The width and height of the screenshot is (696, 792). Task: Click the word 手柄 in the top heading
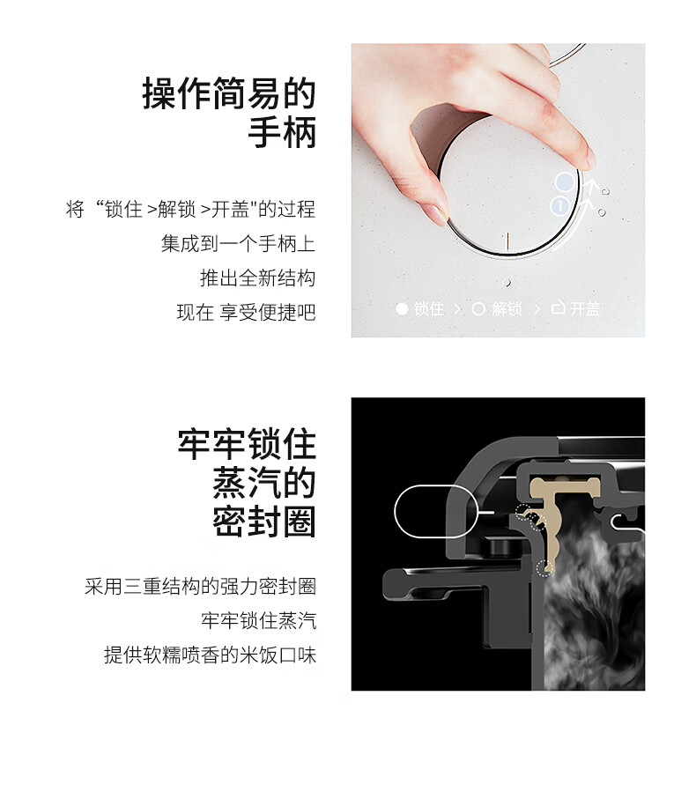[x=282, y=132]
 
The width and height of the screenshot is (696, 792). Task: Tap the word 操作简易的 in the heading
[x=229, y=93]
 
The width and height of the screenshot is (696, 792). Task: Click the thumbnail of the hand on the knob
[x=498, y=190]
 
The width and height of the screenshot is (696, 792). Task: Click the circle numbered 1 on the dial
[x=559, y=205]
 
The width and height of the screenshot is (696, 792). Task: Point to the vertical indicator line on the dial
[x=507, y=241]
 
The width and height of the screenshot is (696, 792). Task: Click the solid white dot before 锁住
[x=402, y=308]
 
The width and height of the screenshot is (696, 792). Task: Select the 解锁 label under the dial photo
[x=507, y=308]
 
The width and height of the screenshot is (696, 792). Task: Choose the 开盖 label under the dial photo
[x=585, y=308]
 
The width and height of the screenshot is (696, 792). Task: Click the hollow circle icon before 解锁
[x=478, y=308]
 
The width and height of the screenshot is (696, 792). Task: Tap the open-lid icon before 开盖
[x=558, y=307]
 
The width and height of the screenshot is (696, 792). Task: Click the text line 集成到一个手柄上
[x=239, y=243]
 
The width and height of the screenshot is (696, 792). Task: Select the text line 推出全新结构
[x=257, y=278]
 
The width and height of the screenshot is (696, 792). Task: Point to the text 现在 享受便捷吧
[x=247, y=312]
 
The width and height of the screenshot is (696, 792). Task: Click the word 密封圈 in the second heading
[x=264, y=522]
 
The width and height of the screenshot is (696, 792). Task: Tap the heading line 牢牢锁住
[x=247, y=445]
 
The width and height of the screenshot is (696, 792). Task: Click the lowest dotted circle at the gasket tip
[x=544, y=569]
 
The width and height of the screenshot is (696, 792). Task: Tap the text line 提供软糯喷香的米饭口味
[x=210, y=655]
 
